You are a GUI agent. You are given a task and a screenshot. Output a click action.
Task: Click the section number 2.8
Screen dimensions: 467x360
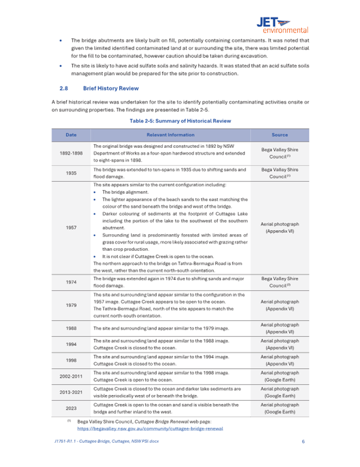point(63,88)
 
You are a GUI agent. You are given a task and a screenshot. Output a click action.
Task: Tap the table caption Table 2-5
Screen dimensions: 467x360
point(180,121)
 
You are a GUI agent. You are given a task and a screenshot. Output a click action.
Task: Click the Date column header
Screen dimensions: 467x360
point(70,135)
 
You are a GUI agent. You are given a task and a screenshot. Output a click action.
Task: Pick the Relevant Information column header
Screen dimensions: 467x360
point(170,135)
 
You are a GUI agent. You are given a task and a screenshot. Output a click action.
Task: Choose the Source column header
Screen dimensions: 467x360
point(279,135)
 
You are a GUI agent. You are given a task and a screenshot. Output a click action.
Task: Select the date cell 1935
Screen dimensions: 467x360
point(70,173)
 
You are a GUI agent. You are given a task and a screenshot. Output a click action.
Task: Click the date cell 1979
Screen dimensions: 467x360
point(70,305)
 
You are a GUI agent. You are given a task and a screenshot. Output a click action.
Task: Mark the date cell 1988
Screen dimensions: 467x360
point(70,328)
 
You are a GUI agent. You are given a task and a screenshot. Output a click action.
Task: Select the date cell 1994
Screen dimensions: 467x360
point(70,344)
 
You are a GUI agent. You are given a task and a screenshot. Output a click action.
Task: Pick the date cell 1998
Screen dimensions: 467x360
point(70,360)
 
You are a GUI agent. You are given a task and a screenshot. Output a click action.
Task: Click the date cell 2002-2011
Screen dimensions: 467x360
point(70,376)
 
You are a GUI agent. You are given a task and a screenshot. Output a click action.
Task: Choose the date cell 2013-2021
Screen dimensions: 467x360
point(70,392)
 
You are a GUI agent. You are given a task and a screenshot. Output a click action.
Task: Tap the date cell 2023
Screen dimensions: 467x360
point(70,408)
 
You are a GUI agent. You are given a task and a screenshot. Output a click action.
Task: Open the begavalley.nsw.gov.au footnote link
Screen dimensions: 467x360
point(150,428)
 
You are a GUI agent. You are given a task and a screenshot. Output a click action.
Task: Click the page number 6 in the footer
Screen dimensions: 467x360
point(303,442)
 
